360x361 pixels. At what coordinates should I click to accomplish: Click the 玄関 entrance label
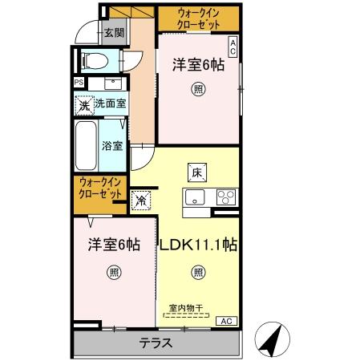[x=114, y=33]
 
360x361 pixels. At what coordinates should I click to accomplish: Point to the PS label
[x=79, y=82]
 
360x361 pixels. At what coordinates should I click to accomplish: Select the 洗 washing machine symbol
[x=83, y=103]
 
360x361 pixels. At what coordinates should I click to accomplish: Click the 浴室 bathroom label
[x=111, y=146]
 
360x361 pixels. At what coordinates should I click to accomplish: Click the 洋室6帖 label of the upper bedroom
[x=197, y=67]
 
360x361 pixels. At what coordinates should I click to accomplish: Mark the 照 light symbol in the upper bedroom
[x=196, y=89]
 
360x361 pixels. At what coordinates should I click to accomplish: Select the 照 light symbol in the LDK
[x=197, y=272]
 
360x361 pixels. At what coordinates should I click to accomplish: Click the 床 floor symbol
[x=197, y=171]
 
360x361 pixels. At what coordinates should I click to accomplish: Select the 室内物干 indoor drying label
[x=186, y=306]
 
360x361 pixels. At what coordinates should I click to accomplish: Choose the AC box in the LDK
[x=227, y=321]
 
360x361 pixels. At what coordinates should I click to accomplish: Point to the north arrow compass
[x=273, y=340]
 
